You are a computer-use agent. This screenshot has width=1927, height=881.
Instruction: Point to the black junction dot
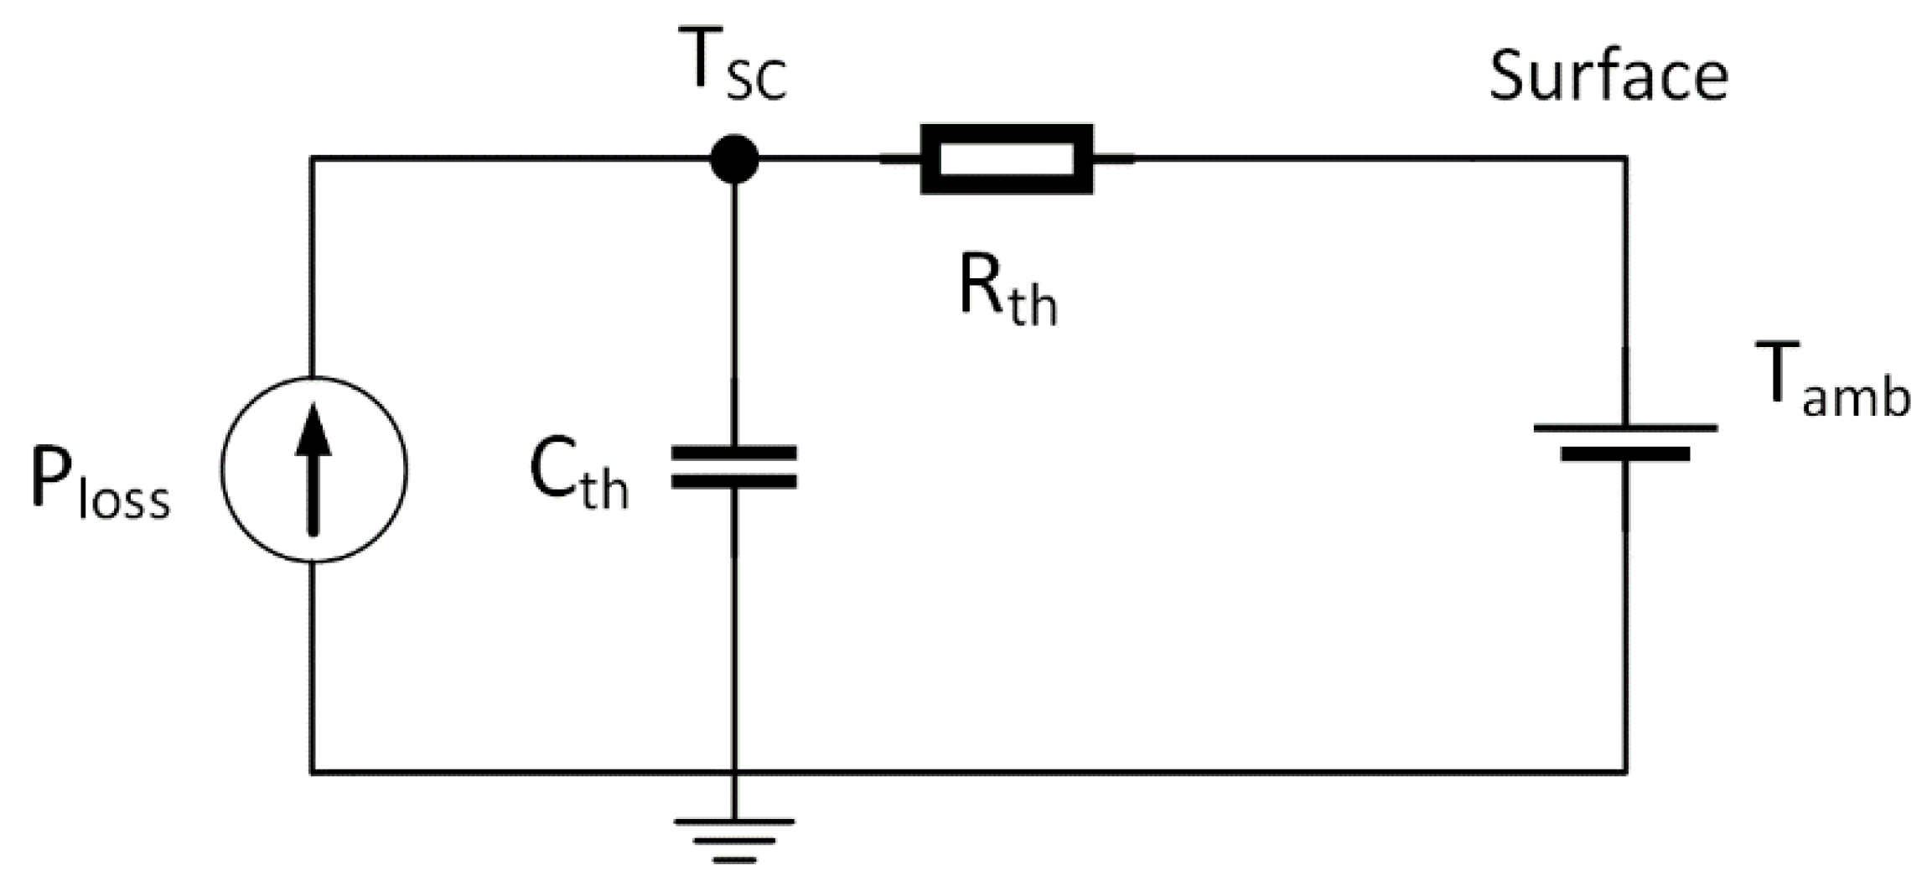pos(734,158)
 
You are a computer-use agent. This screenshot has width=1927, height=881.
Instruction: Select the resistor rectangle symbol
pos(1007,158)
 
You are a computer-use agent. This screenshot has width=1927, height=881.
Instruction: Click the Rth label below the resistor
pos(1008,293)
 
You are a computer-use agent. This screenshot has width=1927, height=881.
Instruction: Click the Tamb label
pos(1831,381)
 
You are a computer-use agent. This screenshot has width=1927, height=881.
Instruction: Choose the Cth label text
pos(578,476)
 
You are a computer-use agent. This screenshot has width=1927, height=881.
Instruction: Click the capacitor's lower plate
pos(734,482)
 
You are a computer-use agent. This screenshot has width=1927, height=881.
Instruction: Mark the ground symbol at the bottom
pos(734,838)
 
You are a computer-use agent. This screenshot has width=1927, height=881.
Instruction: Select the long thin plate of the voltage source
pos(1625,428)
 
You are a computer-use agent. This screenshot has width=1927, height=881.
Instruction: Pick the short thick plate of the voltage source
pos(1625,454)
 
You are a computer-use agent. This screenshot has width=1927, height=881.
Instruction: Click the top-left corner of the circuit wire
pos(312,158)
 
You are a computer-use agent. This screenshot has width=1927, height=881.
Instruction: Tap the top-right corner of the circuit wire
pos(1626,158)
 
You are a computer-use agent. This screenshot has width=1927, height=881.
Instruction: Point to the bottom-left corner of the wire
pos(312,770)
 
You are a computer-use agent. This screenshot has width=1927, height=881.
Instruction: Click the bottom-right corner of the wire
pos(1626,770)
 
